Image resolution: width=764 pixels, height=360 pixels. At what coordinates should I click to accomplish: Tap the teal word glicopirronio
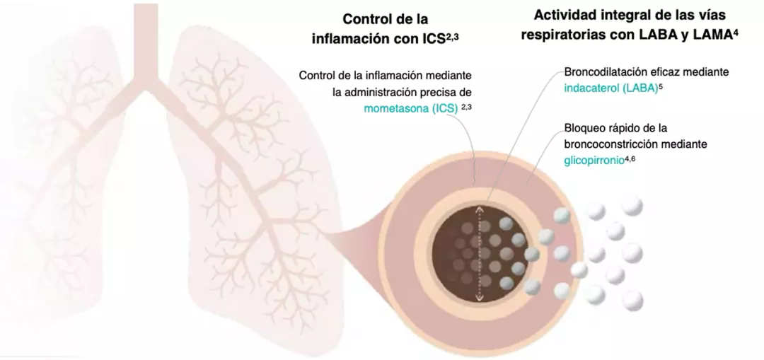594,161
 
